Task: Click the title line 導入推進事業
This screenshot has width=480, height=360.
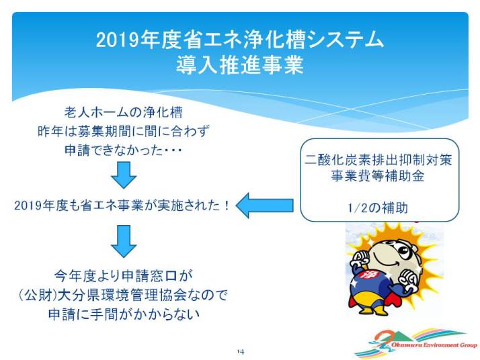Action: click(240, 65)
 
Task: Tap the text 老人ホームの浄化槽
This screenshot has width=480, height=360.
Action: click(123, 112)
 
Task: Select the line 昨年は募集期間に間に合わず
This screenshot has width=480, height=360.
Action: click(124, 131)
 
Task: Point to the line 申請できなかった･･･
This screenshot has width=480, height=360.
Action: click(123, 150)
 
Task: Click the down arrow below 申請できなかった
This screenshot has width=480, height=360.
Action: click(124, 175)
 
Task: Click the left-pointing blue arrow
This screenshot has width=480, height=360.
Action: click(264, 206)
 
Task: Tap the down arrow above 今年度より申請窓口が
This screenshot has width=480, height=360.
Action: click(124, 241)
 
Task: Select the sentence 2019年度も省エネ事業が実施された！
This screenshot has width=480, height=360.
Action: click(122, 206)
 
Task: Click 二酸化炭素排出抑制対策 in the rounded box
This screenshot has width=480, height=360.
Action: click(378, 160)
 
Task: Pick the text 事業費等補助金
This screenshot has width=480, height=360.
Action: click(378, 176)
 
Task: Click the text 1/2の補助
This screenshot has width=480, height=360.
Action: click(378, 208)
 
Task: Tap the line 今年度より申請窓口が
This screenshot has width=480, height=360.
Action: click(124, 276)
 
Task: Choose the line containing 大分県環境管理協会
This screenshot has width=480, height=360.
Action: click(124, 295)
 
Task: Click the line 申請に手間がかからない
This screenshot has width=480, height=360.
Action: click(124, 314)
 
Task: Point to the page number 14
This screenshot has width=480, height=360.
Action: click(240, 352)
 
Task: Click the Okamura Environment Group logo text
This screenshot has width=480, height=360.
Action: click(434, 345)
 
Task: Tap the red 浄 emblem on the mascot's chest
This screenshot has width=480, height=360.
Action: click(366, 275)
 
